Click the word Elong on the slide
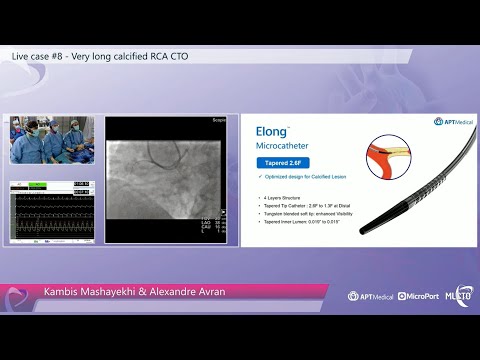[x=269, y=131]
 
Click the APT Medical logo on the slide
[x=447, y=121]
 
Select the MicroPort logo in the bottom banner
[x=418, y=296]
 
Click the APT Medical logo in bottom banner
[x=370, y=296]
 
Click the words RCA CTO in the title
[x=168, y=56]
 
